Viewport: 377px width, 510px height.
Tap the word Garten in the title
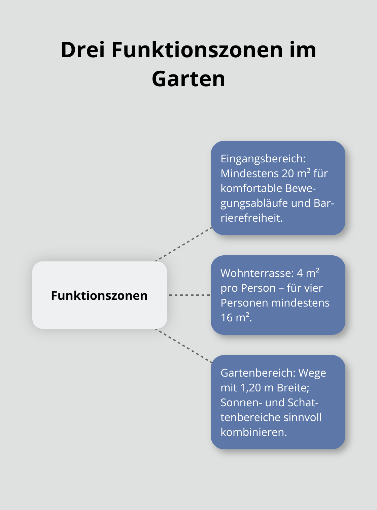(x=188, y=79)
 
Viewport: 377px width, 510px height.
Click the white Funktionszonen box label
(x=99, y=295)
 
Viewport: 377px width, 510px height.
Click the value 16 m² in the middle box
(x=236, y=317)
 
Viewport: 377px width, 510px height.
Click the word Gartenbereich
(x=258, y=373)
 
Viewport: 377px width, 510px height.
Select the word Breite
(x=293, y=388)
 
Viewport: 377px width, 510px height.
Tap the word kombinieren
(x=253, y=432)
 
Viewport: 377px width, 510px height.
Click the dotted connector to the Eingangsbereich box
(x=183, y=244)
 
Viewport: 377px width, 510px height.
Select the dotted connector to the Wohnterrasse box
(x=189, y=295)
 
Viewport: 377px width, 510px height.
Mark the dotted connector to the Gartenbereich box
(x=183, y=346)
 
